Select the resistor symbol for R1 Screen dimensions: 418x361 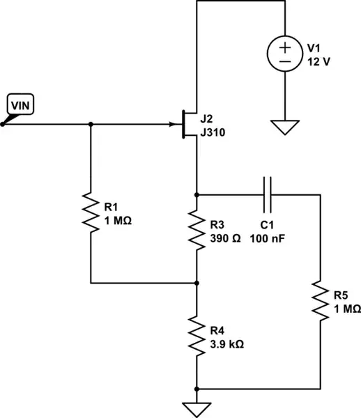[x=91, y=213]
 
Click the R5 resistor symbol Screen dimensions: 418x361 [x=320, y=300]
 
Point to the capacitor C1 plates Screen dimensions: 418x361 [x=268, y=194]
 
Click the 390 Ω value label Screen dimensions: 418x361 [x=225, y=238]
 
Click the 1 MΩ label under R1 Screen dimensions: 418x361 [x=118, y=219]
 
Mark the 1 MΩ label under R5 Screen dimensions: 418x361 [x=346, y=307]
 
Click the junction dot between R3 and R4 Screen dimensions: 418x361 [x=197, y=284]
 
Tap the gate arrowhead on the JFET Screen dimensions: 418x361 [x=174, y=125]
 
